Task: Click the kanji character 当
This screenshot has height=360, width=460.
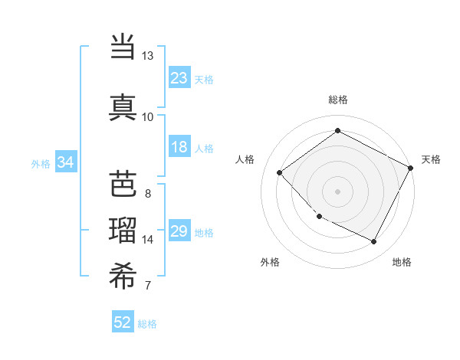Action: [x=123, y=47]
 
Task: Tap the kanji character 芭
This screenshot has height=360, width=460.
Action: [x=123, y=183]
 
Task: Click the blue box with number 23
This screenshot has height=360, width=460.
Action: [x=179, y=77]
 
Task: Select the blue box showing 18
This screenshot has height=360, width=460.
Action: [x=179, y=147]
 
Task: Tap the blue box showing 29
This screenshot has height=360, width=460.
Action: [x=179, y=231]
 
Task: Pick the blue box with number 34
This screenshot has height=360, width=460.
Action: [x=65, y=162]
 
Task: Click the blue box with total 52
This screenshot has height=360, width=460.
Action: [x=123, y=322]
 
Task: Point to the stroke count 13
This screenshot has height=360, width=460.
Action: [x=148, y=56]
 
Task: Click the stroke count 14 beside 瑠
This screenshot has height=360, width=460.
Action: [x=148, y=240]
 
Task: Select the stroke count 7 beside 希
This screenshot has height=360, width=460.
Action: [x=147, y=286]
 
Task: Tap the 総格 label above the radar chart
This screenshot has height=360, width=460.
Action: [x=337, y=100]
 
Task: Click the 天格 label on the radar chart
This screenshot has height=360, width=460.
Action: [x=431, y=159]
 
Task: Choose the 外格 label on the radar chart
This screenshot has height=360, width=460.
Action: [x=270, y=262]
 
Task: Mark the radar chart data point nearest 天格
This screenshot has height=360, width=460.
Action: [x=412, y=169]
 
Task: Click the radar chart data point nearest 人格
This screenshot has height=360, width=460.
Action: [x=280, y=173]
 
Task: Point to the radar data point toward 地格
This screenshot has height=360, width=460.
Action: [x=373, y=241]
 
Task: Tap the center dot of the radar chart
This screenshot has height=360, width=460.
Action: [x=337, y=191]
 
